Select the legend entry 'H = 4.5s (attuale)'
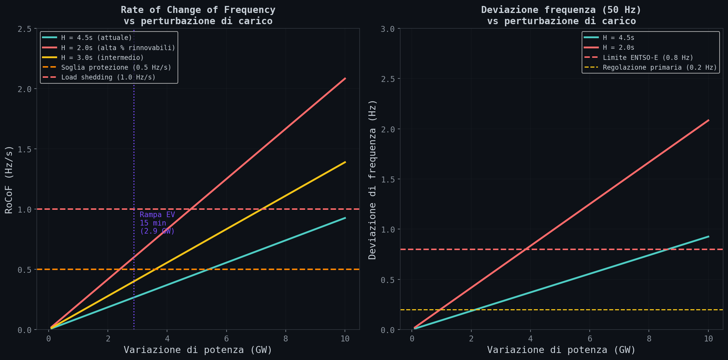point(96,37)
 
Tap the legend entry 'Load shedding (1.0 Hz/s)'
point(108,77)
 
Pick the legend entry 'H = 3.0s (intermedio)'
point(102,57)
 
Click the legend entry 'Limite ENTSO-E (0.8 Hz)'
point(648,57)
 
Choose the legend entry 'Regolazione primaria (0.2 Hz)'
point(660,68)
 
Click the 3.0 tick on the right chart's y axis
point(388,29)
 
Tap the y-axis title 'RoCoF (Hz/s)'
point(9,179)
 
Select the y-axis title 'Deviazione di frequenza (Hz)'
point(373,179)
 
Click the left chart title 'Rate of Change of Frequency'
point(198,10)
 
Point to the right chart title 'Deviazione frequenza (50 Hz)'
point(561,10)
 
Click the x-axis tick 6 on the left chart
point(227,339)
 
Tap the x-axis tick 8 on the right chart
point(649,339)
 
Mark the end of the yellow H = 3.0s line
point(345,162)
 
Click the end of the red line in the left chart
point(345,78)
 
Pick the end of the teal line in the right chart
point(708,237)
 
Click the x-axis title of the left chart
point(198,350)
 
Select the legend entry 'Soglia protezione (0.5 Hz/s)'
point(116,68)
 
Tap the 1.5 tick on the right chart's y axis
point(388,179)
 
